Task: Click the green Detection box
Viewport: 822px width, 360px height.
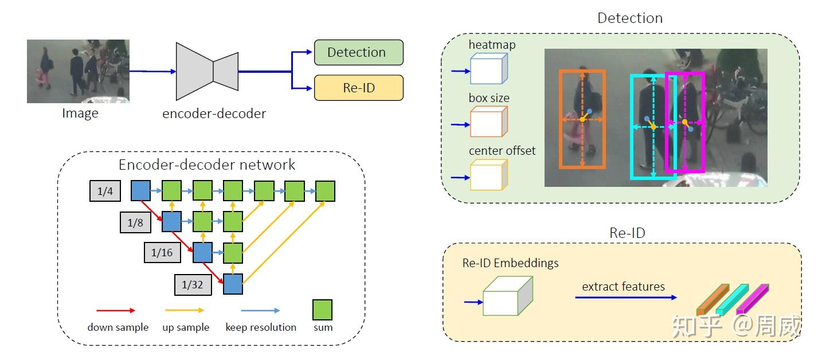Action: [x=358, y=52]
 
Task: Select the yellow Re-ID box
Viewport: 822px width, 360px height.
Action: [x=358, y=88]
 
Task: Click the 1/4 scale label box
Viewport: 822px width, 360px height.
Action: [x=105, y=191]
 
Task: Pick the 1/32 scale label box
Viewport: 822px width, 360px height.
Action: [x=193, y=284]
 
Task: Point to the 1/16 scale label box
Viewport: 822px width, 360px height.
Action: [x=162, y=253]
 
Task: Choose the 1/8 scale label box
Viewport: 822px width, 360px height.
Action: [x=135, y=222]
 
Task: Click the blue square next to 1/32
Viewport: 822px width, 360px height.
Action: [x=233, y=284]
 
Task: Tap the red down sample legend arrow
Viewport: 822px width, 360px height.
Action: [x=116, y=310]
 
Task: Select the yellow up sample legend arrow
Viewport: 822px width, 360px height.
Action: [x=185, y=310]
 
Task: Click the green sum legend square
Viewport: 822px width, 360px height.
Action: [x=322, y=310]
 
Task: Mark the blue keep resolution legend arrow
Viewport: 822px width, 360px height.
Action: [x=261, y=310]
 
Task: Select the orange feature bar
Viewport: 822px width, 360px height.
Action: [x=712, y=300]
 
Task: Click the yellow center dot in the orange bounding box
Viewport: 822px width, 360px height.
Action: [x=582, y=120]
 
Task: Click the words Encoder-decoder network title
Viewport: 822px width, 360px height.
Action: [x=207, y=165]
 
